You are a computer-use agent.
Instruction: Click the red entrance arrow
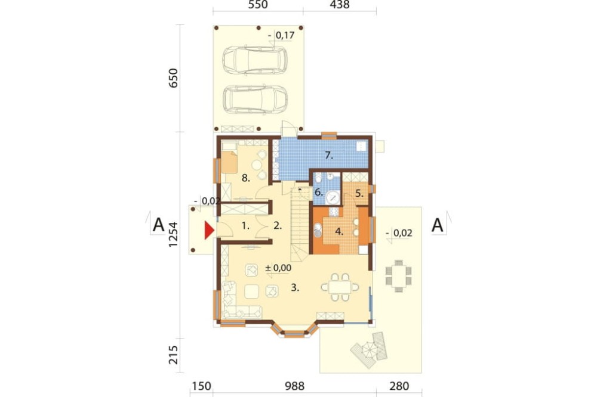208,231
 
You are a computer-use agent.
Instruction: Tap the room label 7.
329,155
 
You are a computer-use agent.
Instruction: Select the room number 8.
245,178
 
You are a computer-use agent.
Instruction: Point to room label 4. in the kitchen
339,231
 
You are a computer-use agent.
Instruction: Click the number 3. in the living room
294,287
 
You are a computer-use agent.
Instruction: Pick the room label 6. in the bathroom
318,193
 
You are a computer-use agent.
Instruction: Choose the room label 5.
359,193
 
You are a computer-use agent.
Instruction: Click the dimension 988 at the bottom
294,386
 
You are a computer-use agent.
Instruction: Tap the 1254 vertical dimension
174,235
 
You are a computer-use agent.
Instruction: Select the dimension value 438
340,5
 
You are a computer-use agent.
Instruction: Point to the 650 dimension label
174,78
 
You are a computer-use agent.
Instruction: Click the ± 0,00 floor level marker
278,268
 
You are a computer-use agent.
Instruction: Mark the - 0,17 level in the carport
281,36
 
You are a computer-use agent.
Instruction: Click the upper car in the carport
255,60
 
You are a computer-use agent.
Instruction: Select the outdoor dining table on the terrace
398,275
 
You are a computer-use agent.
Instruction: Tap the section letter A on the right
438,225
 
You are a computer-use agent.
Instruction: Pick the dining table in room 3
340,287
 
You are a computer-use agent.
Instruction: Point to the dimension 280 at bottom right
399,386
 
